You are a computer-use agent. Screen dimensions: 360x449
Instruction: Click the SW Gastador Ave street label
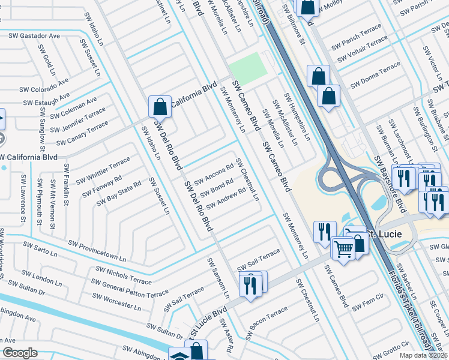[34, 36]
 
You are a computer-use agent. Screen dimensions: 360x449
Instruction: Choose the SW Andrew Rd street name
[226, 199]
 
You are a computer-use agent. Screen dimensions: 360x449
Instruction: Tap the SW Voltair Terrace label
[363, 50]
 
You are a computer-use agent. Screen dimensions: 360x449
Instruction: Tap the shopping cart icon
[343, 247]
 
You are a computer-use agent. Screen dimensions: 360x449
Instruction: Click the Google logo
[20, 353]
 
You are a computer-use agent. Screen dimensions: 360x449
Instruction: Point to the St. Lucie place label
[384, 233]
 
